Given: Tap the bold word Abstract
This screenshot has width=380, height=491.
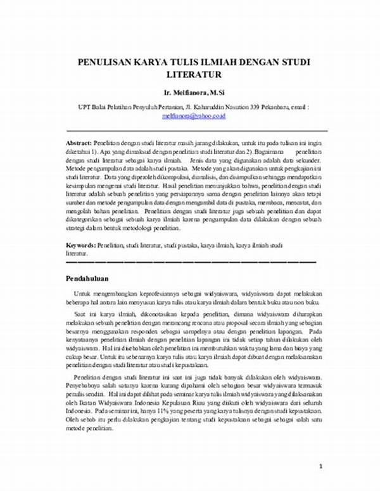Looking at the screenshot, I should pos(79,144).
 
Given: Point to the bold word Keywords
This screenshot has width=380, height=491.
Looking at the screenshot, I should pos(80,245).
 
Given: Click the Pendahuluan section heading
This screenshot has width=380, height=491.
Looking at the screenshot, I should pos(88,278).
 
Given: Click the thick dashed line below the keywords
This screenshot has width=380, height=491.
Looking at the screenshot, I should pos(190,261).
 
